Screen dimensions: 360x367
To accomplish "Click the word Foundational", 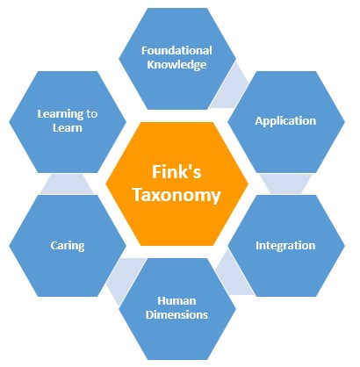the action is tap(176, 50).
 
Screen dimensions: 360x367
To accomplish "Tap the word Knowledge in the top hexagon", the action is tap(176, 65).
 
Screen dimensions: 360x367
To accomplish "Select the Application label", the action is tap(285, 121).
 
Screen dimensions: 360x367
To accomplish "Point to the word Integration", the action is tap(285, 246).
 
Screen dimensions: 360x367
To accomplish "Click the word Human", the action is tap(176, 300).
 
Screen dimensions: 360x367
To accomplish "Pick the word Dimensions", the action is tap(176, 314).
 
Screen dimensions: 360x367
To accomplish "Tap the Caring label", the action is tap(68, 246).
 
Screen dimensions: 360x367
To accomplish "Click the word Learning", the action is tap(61, 114).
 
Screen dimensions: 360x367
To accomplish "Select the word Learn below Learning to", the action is tap(68, 128).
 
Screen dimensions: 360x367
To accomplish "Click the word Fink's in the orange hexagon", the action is tap(176, 171).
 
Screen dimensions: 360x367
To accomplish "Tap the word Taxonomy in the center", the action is tap(176, 195).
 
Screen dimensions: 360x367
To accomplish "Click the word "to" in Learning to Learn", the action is tap(92, 114).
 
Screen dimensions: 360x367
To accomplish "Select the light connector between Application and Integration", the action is tap(285, 183).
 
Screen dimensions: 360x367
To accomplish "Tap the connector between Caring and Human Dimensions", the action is tap(125, 278).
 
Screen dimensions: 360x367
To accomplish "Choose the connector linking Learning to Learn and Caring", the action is tap(68, 184).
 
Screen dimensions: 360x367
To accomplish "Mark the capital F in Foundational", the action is tap(145, 50).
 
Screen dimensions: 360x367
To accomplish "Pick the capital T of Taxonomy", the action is tap(139, 194).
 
